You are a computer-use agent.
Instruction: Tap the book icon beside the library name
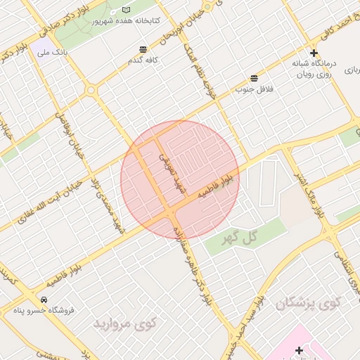click(x=127, y=10)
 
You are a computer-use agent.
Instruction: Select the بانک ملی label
click(x=54, y=53)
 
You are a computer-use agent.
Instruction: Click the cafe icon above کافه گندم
click(x=143, y=49)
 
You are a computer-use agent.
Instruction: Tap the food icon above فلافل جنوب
click(x=254, y=77)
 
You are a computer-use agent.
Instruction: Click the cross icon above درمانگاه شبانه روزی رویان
click(x=314, y=53)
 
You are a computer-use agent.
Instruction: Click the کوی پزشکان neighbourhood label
click(x=307, y=304)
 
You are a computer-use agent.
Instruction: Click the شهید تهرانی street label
click(x=170, y=172)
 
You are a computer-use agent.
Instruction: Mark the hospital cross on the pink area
click(x=299, y=350)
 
